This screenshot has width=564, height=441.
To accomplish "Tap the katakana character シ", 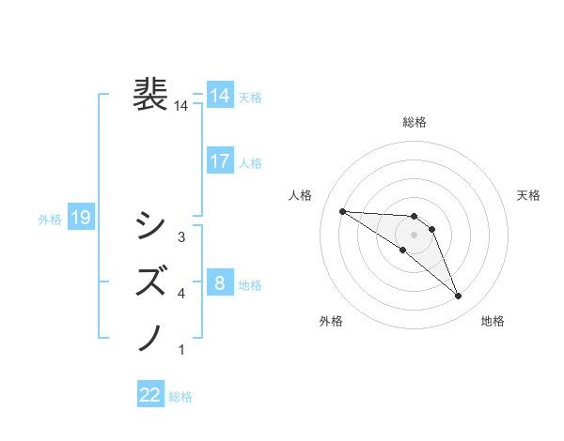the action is click(x=151, y=225).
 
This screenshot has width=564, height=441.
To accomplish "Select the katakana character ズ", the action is click(x=151, y=281).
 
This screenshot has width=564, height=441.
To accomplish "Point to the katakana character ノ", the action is click(x=151, y=336).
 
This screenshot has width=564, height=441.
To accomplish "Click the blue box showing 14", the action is click(x=220, y=96).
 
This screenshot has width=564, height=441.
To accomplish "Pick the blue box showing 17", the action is click(x=220, y=161).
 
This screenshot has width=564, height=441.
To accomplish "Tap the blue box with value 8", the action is click(x=220, y=282).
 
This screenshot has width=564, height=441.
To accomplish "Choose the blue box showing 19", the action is click(x=81, y=219).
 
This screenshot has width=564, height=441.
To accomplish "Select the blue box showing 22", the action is click(x=150, y=395).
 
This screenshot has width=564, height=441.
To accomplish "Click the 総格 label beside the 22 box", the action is click(x=180, y=397).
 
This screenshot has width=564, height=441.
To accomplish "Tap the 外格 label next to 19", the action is click(x=50, y=220).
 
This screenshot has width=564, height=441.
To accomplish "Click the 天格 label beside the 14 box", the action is click(x=250, y=97).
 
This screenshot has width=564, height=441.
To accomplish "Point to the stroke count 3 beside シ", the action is click(x=181, y=237).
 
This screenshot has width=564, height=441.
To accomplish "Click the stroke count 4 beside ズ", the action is click(x=181, y=294).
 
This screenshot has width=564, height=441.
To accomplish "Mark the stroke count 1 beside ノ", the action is click(x=181, y=350).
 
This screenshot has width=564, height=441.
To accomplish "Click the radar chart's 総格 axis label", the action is click(x=415, y=122).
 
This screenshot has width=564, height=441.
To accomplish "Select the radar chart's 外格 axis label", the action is click(x=331, y=321).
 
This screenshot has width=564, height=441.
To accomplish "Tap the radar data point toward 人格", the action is click(x=342, y=211).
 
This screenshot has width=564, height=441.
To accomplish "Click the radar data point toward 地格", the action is click(x=459, y=297).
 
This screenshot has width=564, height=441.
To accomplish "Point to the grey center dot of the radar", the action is click(x=415, y=234).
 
